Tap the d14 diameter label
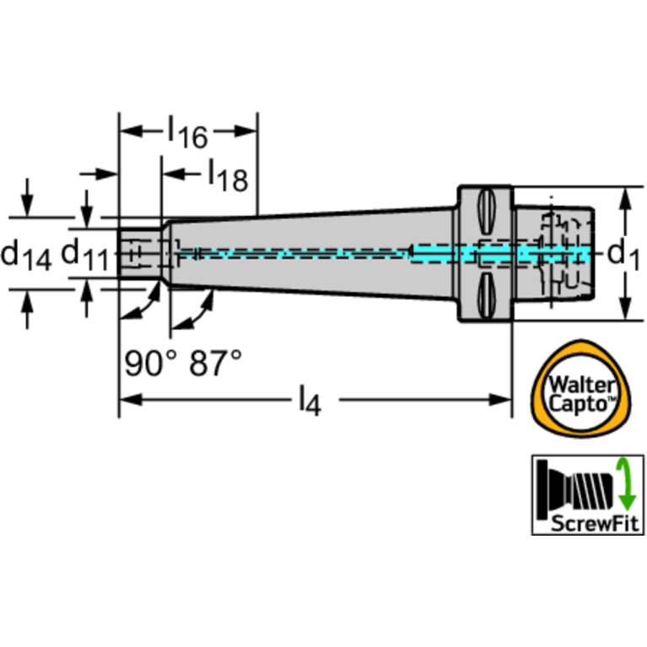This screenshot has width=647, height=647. point(25,252)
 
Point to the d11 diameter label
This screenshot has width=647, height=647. point(85,253)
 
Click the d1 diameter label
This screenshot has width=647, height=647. point(622,252)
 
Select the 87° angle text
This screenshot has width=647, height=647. point(214,363)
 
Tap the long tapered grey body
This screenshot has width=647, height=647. point(312,253)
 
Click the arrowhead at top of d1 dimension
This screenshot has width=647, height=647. point(625,196)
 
